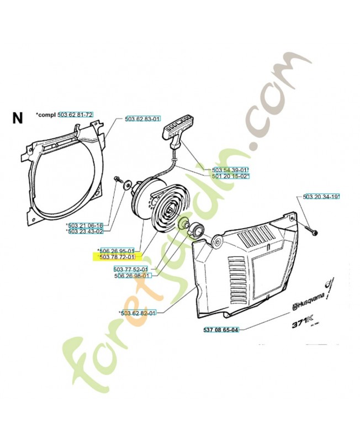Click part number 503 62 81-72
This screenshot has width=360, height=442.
76,114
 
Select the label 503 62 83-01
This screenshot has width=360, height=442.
142,119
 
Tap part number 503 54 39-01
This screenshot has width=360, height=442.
230,170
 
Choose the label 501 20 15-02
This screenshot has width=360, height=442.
230,176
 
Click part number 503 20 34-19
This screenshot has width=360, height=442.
321,196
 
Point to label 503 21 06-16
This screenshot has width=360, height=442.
85,225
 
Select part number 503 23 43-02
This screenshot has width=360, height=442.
85,231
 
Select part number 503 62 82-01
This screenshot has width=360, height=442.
139,313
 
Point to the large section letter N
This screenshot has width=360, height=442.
18,118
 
